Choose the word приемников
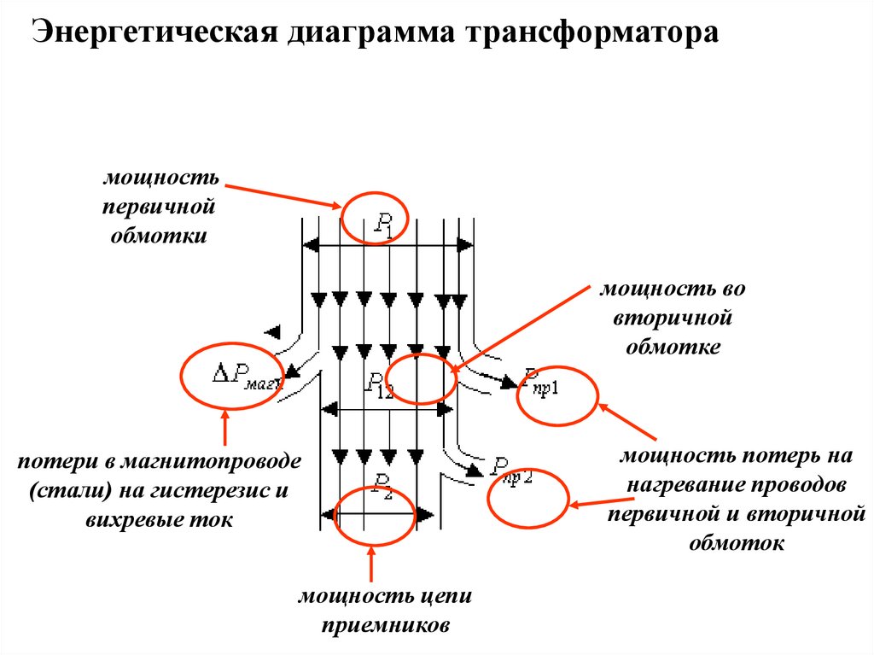point(385,624)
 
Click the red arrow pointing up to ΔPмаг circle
point(225,429)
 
